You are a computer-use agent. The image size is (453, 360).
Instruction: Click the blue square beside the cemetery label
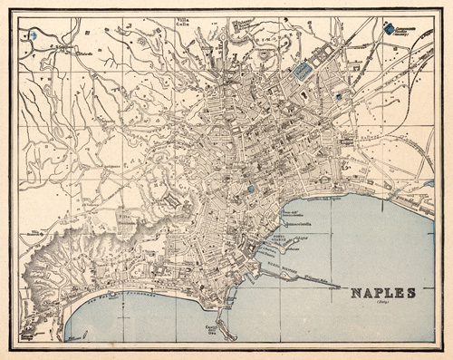[x=390, y=29]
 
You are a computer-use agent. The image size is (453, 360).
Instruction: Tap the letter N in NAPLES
[x=354, y=292]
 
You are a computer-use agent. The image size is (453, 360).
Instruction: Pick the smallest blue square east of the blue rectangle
[x=339, y=95]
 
